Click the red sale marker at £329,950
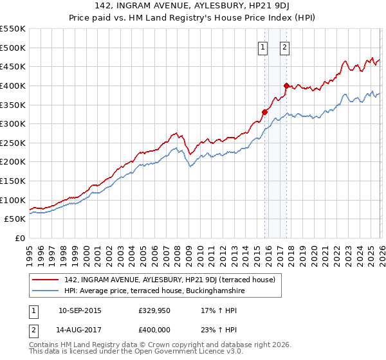click(x=264, y=112)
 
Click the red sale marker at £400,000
click(x=286, y=85)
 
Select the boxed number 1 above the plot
click(x=263, y=46)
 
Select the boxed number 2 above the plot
click(x=284, y=46)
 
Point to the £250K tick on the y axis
click(x=13, y=143)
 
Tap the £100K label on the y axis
click(x=13, y=200)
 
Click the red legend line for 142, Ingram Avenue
click(x=46, y=280)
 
